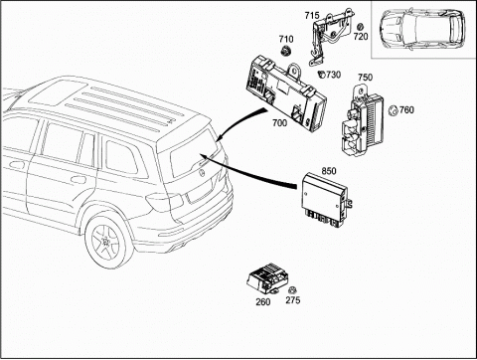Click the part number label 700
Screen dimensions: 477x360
(279, 123)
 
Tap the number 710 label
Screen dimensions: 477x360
(286, 39)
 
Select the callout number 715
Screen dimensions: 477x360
(312, 15)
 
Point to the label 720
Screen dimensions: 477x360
(361, 36)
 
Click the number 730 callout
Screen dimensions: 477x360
(333, 75)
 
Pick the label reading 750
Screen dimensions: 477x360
(365, 78)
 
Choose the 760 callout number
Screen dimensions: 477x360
(406, 109)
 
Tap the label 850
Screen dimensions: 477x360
(329, 171)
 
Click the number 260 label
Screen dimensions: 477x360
(263, 301)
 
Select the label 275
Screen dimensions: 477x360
(293, 300)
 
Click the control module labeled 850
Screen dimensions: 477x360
(326, 200)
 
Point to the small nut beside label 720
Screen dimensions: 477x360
(361, 27)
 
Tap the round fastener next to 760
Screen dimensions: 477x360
(393, 110)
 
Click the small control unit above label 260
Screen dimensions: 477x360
(266, 279)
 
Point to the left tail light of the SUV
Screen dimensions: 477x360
(165, 202)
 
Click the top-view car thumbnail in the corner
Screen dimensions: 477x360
(422, 29)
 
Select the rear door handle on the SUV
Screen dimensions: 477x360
(79, 179)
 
